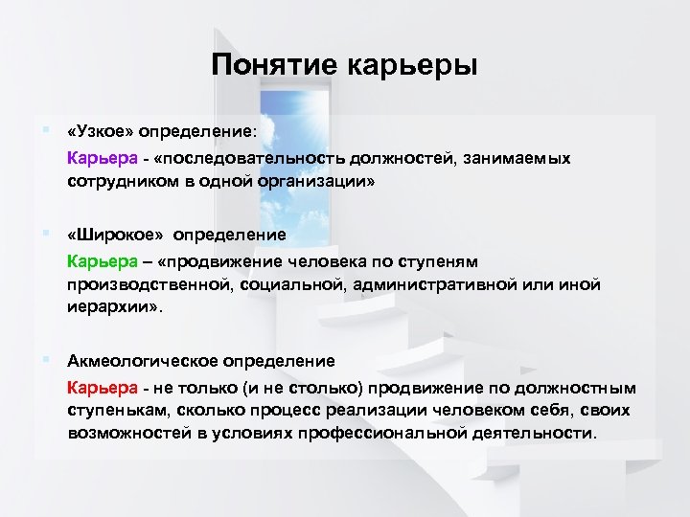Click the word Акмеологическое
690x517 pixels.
coord(143,361)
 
